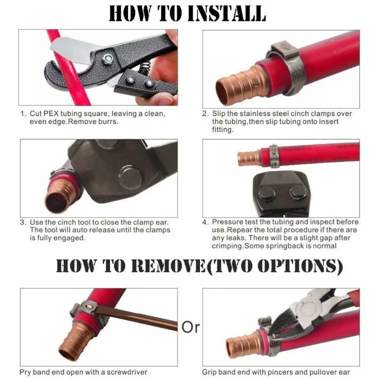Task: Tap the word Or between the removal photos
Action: [190, 326]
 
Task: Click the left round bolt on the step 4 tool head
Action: [267, 193]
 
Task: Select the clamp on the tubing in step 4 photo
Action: [274, 156]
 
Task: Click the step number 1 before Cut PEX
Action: [23, 114]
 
